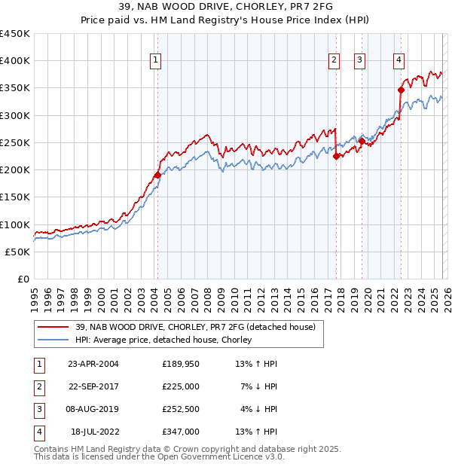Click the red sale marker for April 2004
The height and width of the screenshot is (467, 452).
pyautogui.click(x=157, y=175)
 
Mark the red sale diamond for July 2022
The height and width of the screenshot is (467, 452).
pyautogui.click(x=401, y=90)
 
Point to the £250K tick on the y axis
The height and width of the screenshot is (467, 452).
pyautogui.click(x=15, y=142)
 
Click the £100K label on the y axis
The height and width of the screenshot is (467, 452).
pyautogui.click(x=15, y=224)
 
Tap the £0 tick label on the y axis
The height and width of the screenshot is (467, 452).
pyautogui.click(x=23, y=279)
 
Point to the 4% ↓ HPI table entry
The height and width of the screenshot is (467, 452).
pyautogui.click(x=260, y=409)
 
